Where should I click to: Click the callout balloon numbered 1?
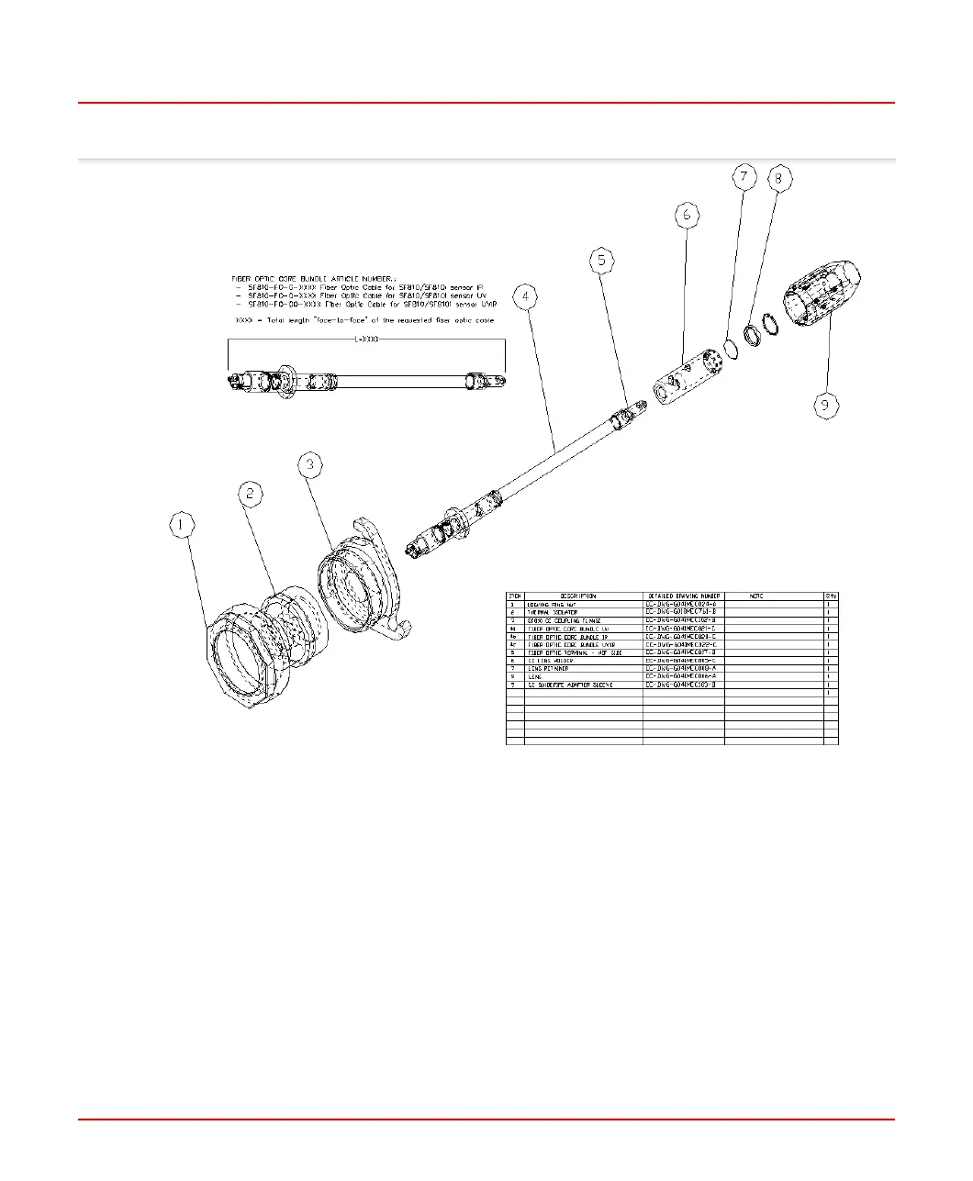183,525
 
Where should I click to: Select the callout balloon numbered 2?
252,494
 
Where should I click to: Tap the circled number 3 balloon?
310,465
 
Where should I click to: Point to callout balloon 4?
525,297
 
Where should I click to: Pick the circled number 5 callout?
601,261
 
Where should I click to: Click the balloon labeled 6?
686,216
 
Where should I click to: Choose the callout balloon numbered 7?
744,177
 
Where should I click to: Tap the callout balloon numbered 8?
778,178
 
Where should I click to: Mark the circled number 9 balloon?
827,406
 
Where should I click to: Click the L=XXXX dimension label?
366,339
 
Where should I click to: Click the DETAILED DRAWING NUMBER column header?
684,596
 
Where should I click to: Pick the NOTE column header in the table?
756,596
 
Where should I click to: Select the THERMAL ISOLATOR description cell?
552,612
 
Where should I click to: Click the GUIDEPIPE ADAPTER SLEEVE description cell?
570,685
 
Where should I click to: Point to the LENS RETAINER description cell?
548,669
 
